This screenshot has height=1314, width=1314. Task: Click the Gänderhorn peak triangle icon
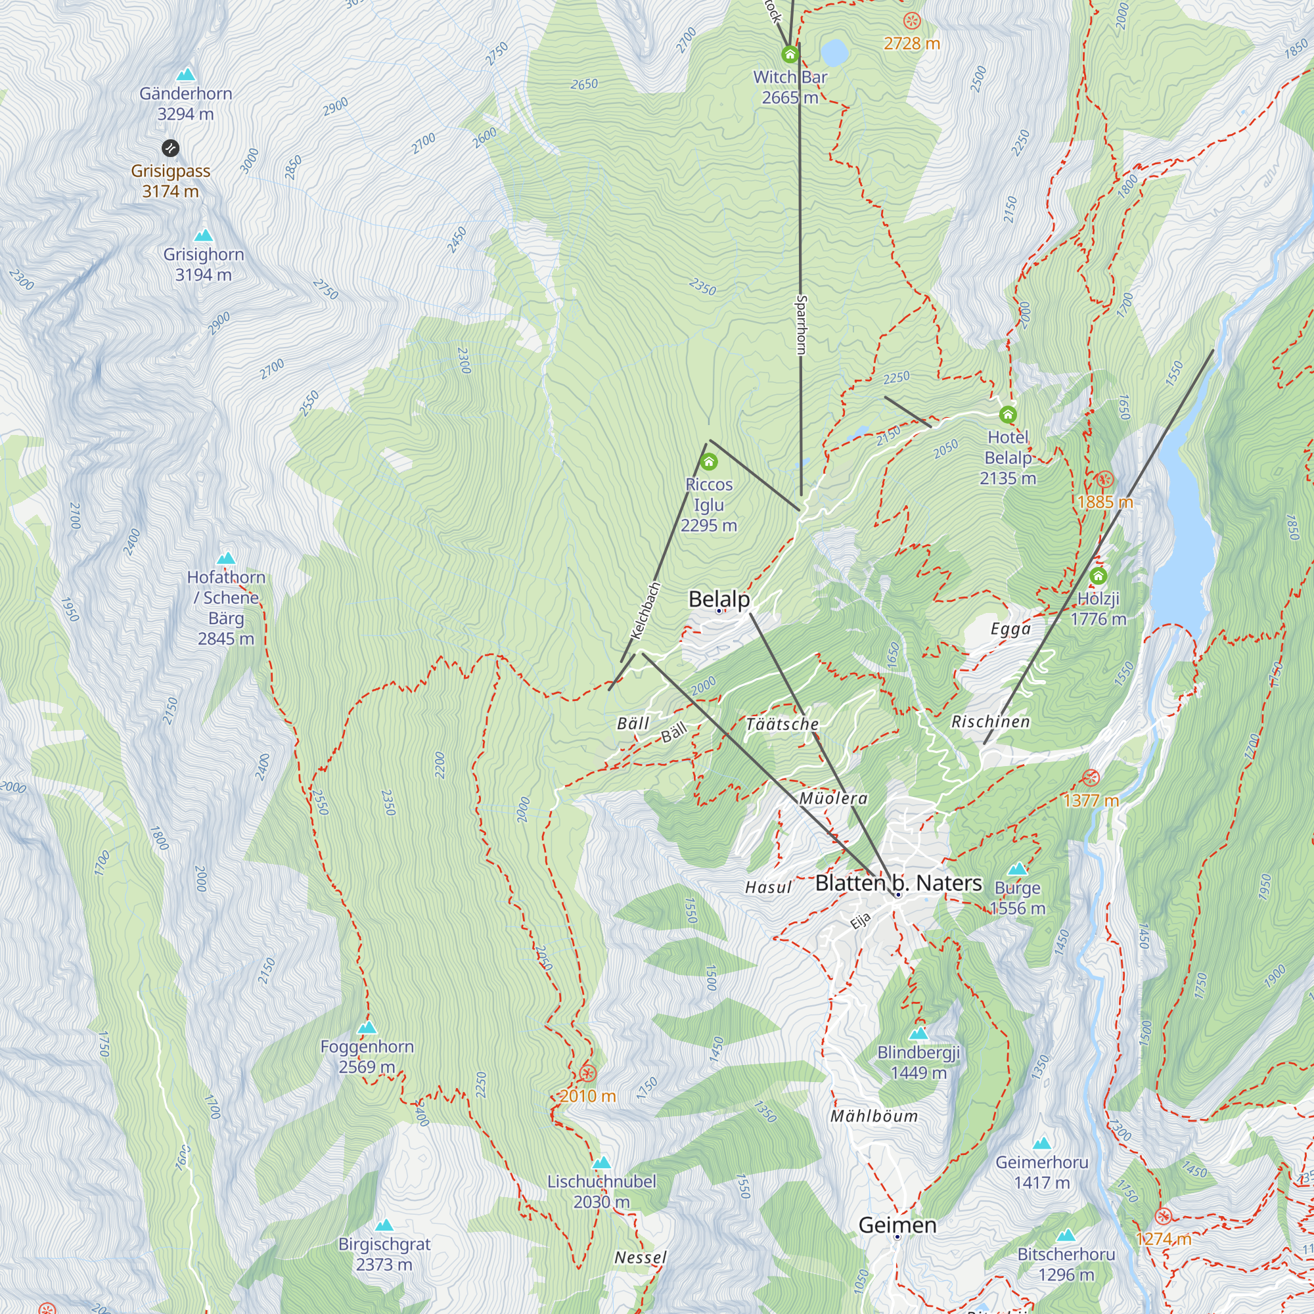pos(186,75)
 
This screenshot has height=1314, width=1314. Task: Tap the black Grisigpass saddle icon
pos(171,148)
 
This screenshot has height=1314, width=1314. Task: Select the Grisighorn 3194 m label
pos(204,264)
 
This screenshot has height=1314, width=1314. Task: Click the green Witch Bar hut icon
pos(790,54)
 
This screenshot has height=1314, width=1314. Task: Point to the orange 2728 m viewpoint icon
pos(911,21)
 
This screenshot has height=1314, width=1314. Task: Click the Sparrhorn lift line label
pos(801,325)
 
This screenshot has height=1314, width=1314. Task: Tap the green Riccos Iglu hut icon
pos(709,463)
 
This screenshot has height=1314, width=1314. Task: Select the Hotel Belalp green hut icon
pos(1008,414)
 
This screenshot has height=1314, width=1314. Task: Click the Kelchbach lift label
pos(645,610)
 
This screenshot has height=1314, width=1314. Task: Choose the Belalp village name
pos(719,599)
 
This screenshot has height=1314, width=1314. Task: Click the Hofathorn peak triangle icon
pos(226,558)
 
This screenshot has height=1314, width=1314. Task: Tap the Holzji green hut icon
pos(1099,577)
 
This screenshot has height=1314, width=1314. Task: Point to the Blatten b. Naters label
pos(898,883)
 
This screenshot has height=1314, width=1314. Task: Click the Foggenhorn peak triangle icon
pos(367,1028)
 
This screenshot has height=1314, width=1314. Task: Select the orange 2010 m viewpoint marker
pos(587,1074)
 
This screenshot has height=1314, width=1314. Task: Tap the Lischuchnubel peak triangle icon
pos(601,1162)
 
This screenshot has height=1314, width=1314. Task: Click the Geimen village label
pos(897,1225)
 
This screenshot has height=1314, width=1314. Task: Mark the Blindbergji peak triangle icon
pos(918,1033)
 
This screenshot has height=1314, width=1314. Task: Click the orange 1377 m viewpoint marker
pos(1091,777)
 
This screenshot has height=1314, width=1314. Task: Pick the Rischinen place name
pos(990,721)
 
